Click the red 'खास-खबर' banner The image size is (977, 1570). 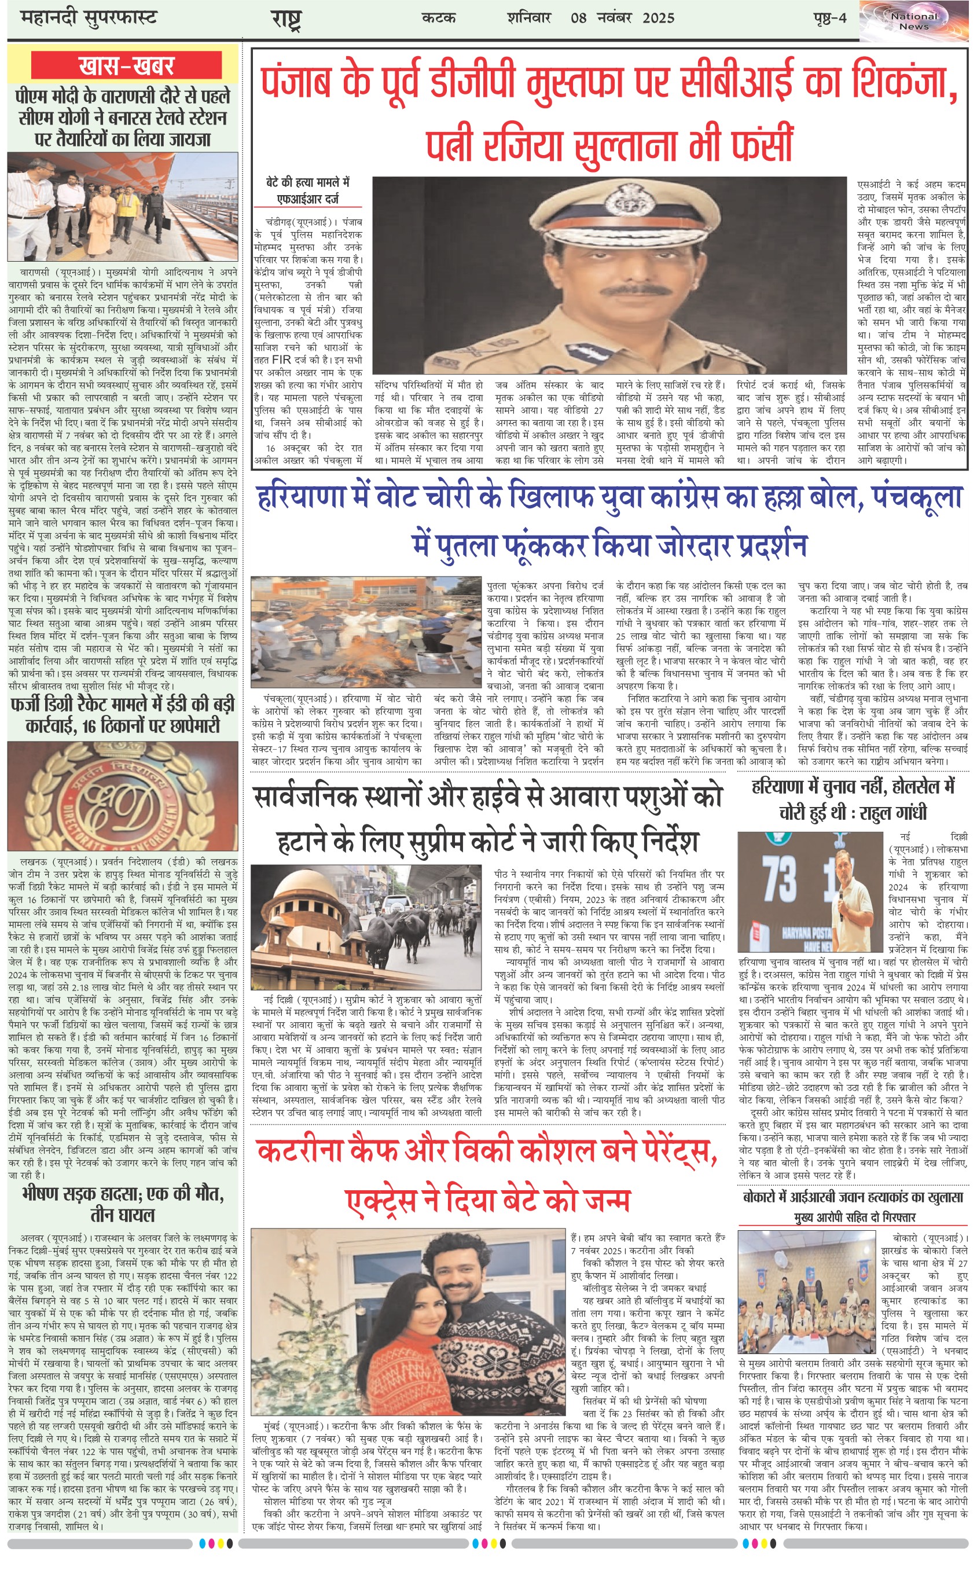(x=126, y=66)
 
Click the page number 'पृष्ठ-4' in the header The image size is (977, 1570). (x=829, y=18)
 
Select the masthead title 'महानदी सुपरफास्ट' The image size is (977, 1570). (x=89, y=18)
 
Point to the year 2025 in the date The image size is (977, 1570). (x=658, y=18)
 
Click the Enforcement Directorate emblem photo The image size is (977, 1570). (x=123, y=795)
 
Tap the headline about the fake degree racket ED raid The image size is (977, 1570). (x=123, y=714)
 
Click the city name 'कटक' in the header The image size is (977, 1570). (x=438, y=18)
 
